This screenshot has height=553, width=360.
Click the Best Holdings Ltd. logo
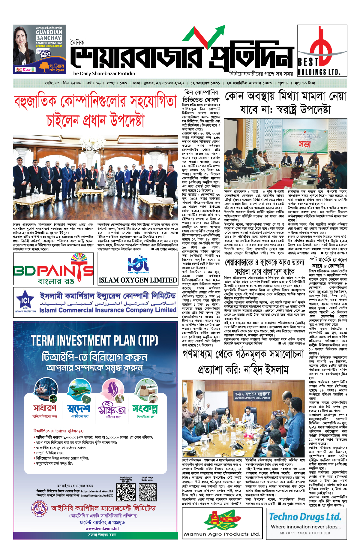pos(322,50)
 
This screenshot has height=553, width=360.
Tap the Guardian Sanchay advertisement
pos(39,49)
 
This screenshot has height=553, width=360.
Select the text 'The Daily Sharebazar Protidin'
pos(103,74)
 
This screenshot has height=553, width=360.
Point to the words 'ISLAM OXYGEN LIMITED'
pos(138,280)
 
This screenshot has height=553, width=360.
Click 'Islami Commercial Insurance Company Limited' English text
pos(108,310)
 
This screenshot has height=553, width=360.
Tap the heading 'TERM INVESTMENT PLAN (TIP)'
pos(94,341)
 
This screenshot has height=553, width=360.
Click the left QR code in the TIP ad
pos(126,492)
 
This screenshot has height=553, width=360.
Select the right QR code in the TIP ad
pos(148,492)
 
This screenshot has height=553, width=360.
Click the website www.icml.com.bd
pos(102,529)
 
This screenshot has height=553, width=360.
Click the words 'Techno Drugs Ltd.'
pos(305,517)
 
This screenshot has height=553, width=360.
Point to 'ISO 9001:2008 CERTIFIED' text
pos(305,533)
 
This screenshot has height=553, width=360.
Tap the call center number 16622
pos(45,55)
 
